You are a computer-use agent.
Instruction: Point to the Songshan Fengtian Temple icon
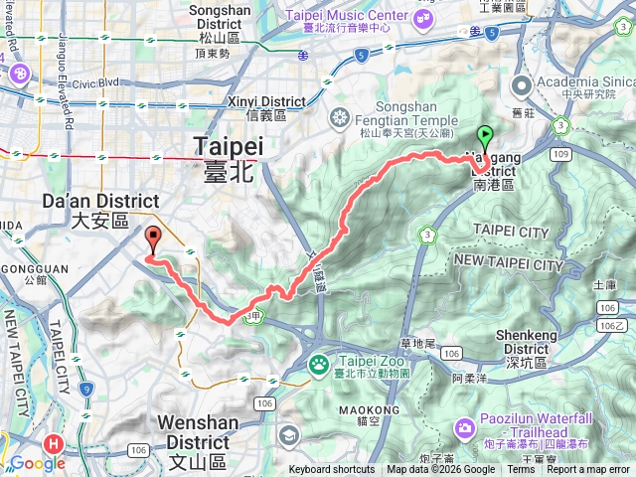click(339, 120)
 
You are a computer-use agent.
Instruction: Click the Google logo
click(37, 463)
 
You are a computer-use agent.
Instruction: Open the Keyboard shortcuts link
click(332, 470)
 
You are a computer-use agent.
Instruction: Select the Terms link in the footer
click(521, 470)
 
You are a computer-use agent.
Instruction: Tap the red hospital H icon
click(54, 444)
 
